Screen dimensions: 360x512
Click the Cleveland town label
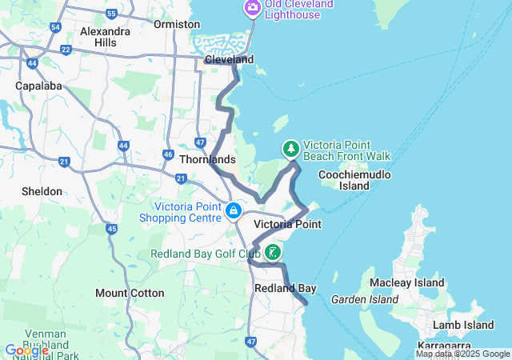coord(229,60)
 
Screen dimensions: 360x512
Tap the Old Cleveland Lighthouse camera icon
coord(252,8)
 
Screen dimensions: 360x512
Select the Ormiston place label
coord(177,24)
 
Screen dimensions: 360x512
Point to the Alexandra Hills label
coord(105,37)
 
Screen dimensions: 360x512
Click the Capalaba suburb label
coord(38,85)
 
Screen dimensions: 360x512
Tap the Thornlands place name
coord(207,159)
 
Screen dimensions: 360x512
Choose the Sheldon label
coord(42,191)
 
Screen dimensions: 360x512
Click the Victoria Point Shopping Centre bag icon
coord(234,211)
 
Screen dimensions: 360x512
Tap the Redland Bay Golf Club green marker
coord(273,254)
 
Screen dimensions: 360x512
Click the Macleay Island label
coord(406,282)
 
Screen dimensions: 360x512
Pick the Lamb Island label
coord(463,325)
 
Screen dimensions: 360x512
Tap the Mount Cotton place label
coord(130,293)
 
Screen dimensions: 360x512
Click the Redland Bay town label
coord(285,287)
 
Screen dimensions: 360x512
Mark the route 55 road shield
coord(111,14)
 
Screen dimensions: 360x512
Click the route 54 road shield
coord(55,27)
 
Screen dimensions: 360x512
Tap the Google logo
coord(26,350)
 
